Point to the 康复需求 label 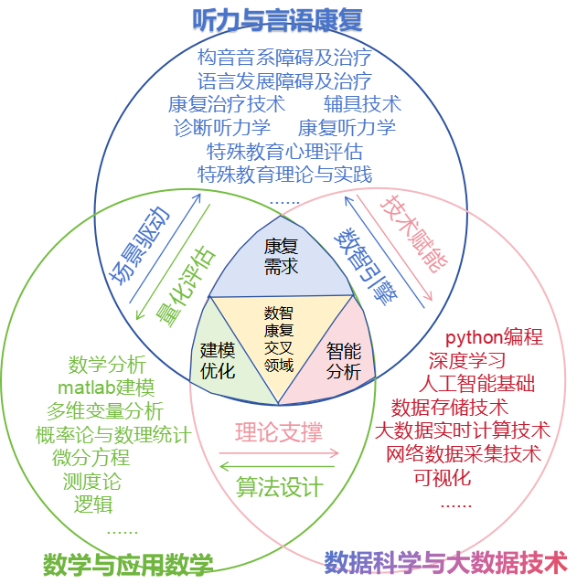pos(281,257)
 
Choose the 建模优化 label pos(219,360)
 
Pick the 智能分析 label pos(344,360)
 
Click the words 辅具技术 pos(362,103)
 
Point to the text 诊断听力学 pos(222,127)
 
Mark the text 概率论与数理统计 pos(112,434)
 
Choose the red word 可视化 pos(443,476)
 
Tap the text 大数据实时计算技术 pos(463,430)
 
